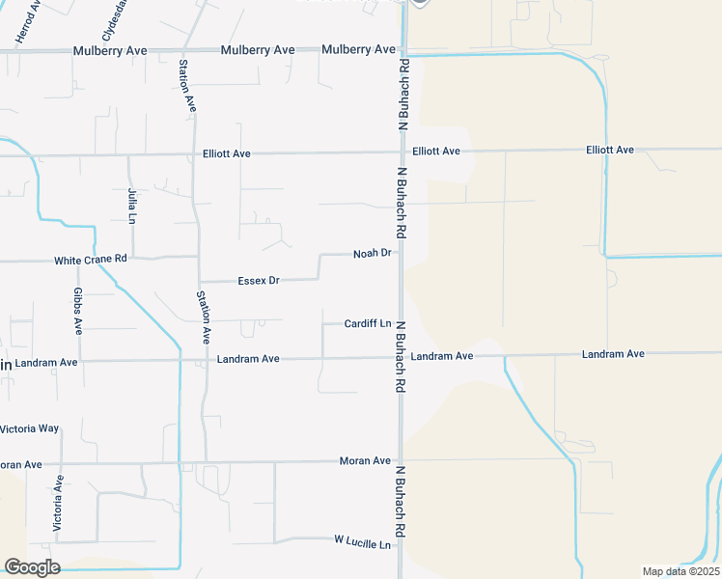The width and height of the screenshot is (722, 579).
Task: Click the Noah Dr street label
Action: click(372, 253)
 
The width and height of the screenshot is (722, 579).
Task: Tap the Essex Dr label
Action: click(258, 281)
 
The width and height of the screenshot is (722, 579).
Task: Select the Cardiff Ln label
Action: click(368, 323)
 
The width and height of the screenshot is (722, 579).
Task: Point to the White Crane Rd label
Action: click(91, 260)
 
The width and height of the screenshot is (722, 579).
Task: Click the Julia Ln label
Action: click(132, 205)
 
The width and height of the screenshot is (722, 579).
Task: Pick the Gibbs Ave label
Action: click(79, 310)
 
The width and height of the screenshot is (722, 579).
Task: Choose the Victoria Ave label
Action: click(59, 503)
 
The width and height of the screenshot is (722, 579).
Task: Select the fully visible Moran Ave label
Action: click(365, 461)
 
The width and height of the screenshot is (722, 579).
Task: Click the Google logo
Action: click(32, 566)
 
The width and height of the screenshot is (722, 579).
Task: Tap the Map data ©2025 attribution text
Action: click(680, 571)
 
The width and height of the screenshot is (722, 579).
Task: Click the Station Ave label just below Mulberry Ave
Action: click(186, 85)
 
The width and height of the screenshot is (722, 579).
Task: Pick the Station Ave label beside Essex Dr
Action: click(203, 317)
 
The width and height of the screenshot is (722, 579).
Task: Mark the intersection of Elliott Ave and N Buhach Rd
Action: click(402, 152)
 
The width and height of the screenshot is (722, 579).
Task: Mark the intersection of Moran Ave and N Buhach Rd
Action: click(400, 460)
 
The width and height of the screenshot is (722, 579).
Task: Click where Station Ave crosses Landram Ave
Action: click(204, 360)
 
